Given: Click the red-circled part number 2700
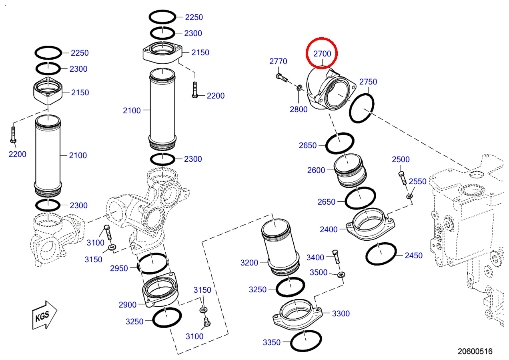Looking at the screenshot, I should (x=322, y=53).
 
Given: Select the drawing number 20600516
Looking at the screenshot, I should (x=475, y=351).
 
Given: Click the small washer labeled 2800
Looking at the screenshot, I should (x=299, y=87).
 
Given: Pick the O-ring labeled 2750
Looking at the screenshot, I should (x=362, y=108).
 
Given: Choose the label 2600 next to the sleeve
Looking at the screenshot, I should (x=316, y=170).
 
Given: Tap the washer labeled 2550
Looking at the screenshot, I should (x=409, y=196).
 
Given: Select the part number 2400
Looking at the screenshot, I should (x=329, y=229).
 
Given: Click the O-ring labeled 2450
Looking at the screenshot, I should (x=381, y=254).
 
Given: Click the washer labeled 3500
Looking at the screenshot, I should (x=341, y=274).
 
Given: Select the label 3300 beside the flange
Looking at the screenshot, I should (x=341, y=314).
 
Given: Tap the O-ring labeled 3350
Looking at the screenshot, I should (x=306, y=341).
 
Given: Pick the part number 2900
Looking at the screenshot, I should (x=128, y=305).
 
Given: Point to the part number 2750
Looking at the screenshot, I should (x=368, y=82).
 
